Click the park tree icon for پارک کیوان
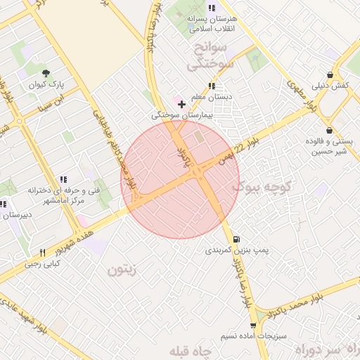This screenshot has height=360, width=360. click(x=46, y=73)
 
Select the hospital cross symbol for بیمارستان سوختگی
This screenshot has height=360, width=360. click(x=181, y=103)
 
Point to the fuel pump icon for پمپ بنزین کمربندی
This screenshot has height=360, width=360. click(x=234, y=238)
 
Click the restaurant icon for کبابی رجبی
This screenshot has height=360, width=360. click(x=42, y=252)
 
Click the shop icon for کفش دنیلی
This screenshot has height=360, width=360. click(x=330, y=75)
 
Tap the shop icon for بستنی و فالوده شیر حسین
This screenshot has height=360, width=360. click(x=328, y=130)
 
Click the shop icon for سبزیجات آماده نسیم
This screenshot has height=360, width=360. click(x=253, y=325)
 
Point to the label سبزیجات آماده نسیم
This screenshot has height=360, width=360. click(x=253, y=336)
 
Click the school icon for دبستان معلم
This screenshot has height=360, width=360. click(x=212, y=86)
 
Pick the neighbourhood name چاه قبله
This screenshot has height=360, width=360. click(x=189, y=350)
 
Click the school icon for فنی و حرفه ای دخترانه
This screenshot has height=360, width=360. click(x=63, y=179)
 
